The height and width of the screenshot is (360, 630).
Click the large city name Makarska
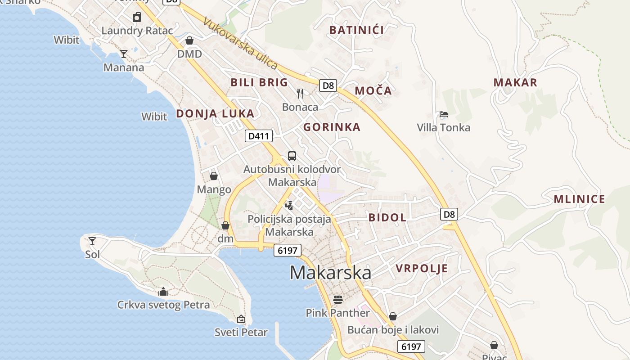[x=330, y=273]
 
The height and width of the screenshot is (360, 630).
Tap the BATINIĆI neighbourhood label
[x=356, y=30]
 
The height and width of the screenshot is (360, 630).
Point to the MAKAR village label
[x=515, y=82]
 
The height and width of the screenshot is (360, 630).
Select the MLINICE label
[x=579, y=199]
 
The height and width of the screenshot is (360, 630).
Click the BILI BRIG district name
[x=259, y=82]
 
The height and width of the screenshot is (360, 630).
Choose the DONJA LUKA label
[x=215, y=113]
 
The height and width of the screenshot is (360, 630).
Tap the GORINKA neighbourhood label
[x=332, y=127]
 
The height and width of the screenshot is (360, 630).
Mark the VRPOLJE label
[x=422, y=269]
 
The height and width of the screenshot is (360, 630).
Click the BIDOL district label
[x=387, y=217]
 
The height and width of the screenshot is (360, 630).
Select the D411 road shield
[x=259, y=136]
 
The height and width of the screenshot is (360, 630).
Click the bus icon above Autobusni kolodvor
[x=292, y=156]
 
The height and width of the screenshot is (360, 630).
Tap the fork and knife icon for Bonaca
[x=300, y=94]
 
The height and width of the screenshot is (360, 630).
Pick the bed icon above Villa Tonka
[x=444, y=114]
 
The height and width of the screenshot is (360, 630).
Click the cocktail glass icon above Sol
[x=92, y=241]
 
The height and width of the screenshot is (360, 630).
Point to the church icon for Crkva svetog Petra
[x=163, y=292]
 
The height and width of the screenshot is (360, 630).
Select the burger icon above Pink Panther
[x=338, y=299]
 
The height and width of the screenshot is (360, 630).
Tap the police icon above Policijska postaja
[x=289, y=206]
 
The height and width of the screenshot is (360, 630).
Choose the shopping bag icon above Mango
[x=214, y=176]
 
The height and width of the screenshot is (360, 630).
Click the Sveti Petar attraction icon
[x=241, y=319]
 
